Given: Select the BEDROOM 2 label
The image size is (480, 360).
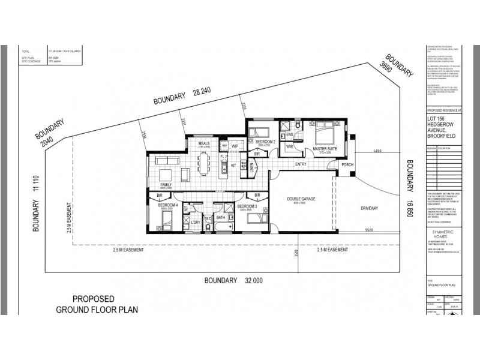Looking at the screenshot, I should coord(265,142).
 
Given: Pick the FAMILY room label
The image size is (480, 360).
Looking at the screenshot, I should coord(166,184).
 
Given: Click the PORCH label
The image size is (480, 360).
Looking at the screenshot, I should coord(347,164).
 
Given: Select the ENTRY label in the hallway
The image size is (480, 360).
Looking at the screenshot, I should coord(301,164).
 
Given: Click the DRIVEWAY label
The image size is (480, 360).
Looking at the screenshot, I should coord(370,208).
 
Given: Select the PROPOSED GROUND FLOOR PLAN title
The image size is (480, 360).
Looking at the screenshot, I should coord(97,304).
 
